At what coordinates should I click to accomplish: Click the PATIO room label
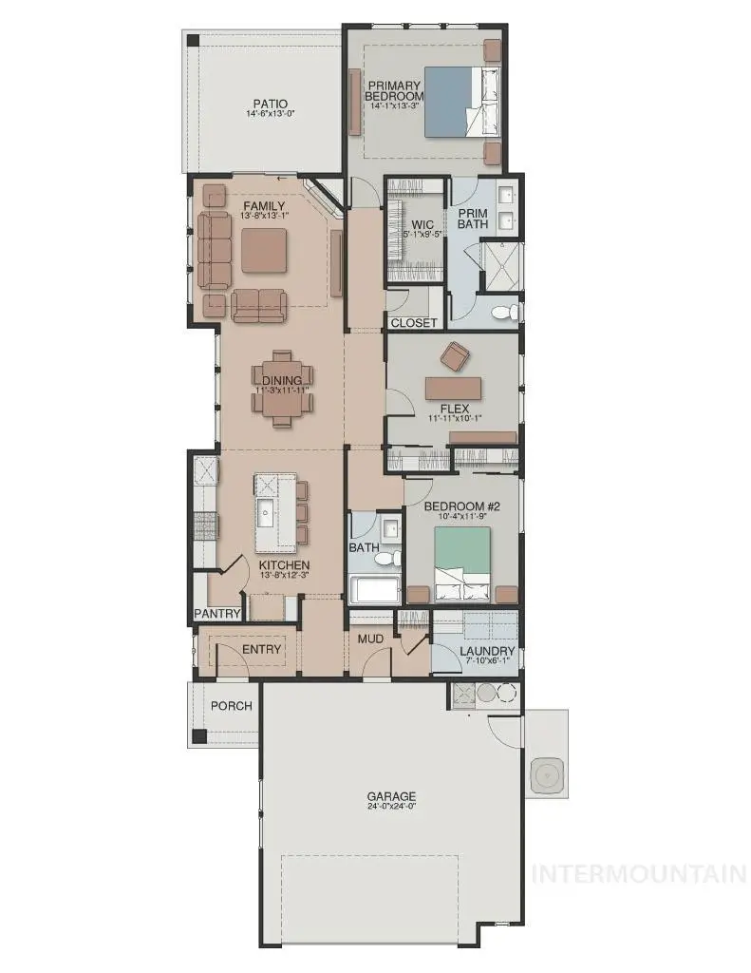pos(271,104)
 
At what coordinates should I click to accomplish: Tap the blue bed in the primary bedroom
pos(462,102)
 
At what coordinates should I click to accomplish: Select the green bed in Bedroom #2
pos(462,563)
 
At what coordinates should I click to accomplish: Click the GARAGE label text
pos(391,796)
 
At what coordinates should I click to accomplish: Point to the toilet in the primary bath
pos(505,313)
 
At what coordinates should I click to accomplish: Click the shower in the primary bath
pos(501,266)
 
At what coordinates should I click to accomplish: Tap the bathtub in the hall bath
pos(374,589)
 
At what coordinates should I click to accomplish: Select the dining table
pos(282,389)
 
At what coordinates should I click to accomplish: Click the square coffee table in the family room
pos(264,250)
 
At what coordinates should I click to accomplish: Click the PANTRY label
pos(217,613)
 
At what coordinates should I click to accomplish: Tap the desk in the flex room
pos(454,389)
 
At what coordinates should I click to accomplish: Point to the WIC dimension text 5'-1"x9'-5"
pos(422,235)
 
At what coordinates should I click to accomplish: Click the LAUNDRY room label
pos(487,651)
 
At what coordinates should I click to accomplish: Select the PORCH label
pos(232,706)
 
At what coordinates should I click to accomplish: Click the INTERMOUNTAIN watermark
pos(639,874)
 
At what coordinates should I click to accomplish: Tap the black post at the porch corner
pos(198,736)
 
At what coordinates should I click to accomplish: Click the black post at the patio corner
pos(194,40)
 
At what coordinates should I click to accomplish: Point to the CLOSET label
pos(414,323)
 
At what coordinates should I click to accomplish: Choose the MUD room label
pos(370,639)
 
